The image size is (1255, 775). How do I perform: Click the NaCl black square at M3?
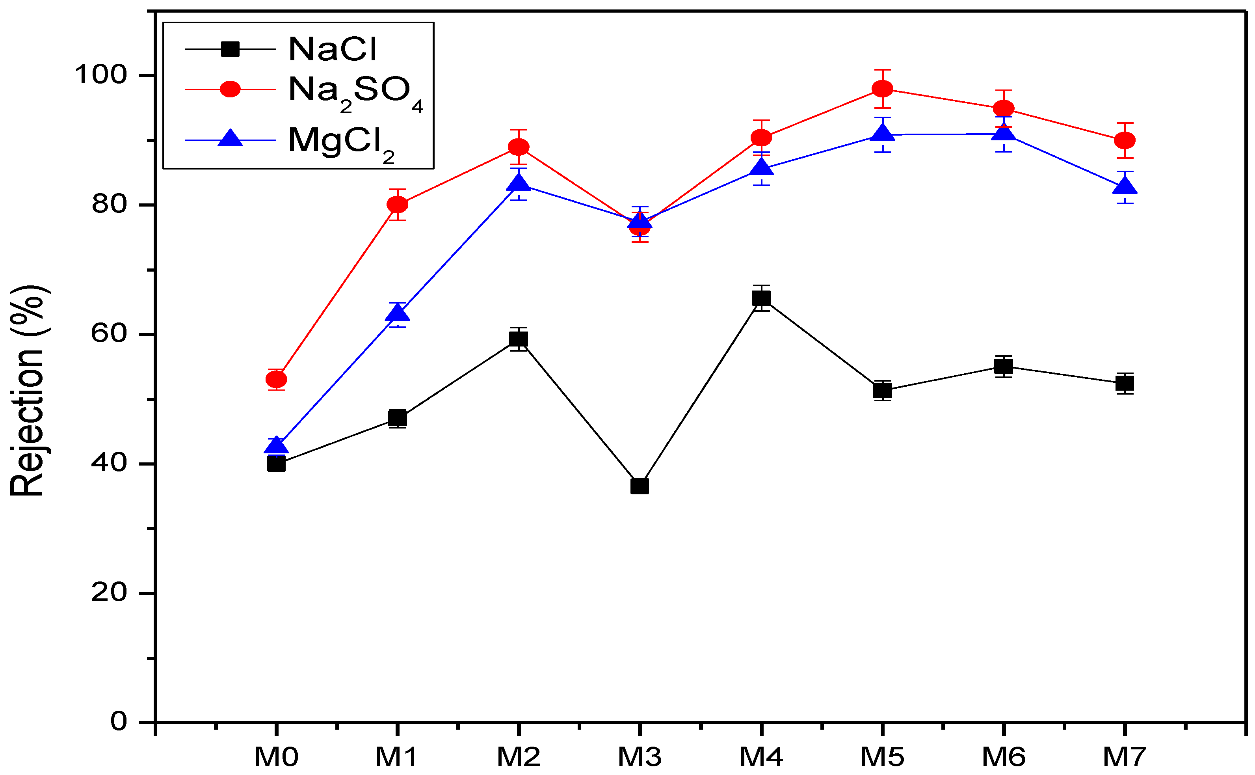click(x=640, y=486)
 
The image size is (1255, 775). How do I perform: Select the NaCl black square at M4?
click(x=761, y=298)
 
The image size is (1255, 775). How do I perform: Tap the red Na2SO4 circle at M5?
click(x=883, y=89)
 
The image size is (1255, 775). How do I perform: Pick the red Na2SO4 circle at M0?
click(x=276, y=380)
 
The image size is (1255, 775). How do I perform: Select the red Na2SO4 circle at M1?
click(x=398, y=205)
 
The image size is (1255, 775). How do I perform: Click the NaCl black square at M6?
click(x=1004, y=366)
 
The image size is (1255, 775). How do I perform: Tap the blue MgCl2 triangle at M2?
click(x=519, y=183)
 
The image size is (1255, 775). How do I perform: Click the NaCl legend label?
click(x=333, y=49)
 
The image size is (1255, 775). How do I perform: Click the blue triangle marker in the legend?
click(x=231, y=139)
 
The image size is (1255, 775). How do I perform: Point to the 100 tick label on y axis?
click(x=101, y=75)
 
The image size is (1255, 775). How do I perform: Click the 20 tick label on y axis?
click(x=109, y=592)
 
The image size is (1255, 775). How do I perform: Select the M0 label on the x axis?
click(x=276, y=756)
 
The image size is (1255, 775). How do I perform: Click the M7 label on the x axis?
click(x=1125, y=756)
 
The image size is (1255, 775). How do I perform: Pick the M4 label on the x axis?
click(x=761, y=756)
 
